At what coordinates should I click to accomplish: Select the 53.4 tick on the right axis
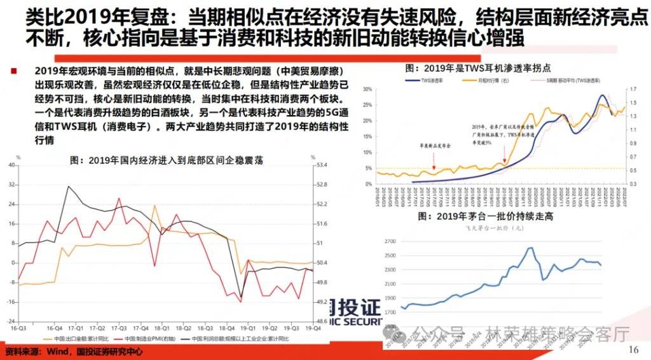322,165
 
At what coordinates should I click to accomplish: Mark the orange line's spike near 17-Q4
154,206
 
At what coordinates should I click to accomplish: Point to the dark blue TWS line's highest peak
602,95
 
